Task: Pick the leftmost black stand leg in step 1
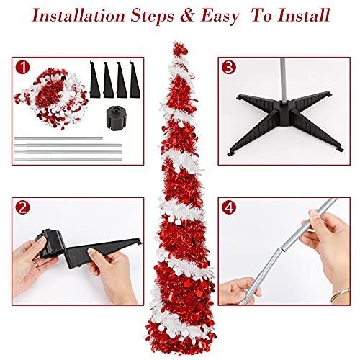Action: (97, 78)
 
